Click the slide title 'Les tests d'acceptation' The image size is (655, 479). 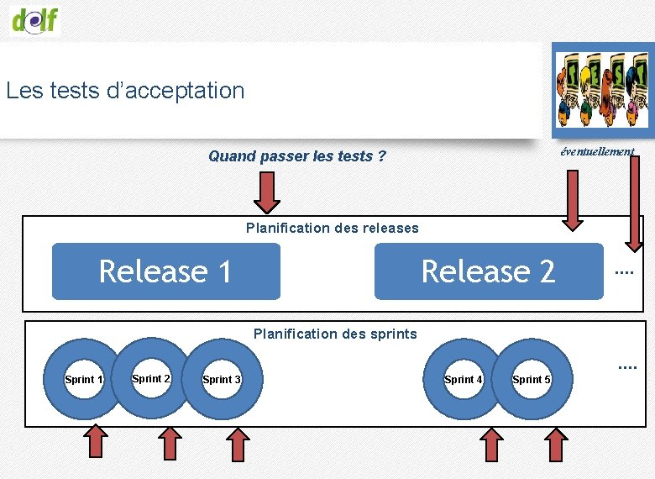point(125,90)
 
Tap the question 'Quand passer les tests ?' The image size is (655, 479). point(297,155)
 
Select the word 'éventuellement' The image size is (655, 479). point(597,151)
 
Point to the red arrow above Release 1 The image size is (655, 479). point(267,193)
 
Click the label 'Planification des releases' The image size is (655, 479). point(332,228)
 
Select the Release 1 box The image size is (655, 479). point(166,271)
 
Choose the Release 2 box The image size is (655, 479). point(489,271)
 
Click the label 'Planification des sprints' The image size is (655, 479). point(335,334)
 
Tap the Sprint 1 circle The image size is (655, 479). point(83,379)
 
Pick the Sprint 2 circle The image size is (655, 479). point(151,378)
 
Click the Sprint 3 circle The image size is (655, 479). point(222,379)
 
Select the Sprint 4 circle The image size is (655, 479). point(463,379)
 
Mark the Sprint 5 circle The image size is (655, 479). point(532,379)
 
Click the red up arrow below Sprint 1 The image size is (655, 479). point(97,442)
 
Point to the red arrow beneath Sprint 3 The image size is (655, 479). point(239,444)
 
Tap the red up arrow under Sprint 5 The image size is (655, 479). point(557,445)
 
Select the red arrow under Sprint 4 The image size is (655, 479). point(490,445)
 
